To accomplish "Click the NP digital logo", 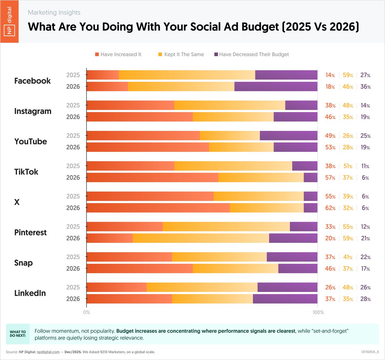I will click(x=9, y=21).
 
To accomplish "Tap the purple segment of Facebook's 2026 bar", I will click(x=276, y=87).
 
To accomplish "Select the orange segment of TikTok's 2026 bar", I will click(x=152, y=177).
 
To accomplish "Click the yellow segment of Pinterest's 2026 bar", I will click(x=201, y=238).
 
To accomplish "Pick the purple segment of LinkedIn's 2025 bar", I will click(x=287, y=287).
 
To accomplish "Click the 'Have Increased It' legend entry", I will click(x=118, y=55).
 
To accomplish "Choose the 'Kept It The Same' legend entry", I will click(x=181, y=55).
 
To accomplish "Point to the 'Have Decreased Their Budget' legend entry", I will click(x=252, y=55).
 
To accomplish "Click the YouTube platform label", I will click(x=30, y=141).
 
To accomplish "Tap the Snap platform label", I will click(x=23, y=263).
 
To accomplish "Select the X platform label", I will click(x=17, y=202).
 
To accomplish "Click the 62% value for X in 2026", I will click(x=330, y=208).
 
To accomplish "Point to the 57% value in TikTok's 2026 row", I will click(x=330, y=177).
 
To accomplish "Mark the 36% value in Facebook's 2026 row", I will click(x=365, y=87).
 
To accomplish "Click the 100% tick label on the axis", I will click(x=318, y=312).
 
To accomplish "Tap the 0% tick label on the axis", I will click(x=87, y=312).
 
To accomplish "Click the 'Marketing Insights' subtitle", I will click(x=54, y=13).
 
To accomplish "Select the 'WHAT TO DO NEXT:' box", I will click(x=18, y=334).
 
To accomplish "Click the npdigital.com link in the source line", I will click(x=48, y=352).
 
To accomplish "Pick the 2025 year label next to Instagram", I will click(x=73, y=105).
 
